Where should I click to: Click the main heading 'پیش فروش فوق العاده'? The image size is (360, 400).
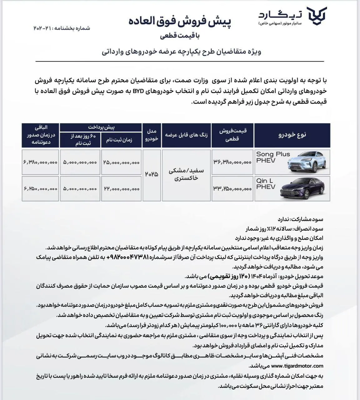(180, 22)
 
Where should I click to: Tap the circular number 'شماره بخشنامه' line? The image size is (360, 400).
(62, 28)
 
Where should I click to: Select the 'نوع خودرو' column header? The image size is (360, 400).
(292, 135)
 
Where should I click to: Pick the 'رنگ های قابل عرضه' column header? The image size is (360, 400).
(186, 135)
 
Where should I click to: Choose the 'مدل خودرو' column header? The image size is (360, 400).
(152, 135)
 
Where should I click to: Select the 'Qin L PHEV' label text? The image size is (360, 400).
(266, 184)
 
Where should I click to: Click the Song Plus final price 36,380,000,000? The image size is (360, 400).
(232, 162)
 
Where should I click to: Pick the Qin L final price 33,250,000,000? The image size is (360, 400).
(232, 189)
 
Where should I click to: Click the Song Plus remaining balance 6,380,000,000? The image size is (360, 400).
(40, 162)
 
